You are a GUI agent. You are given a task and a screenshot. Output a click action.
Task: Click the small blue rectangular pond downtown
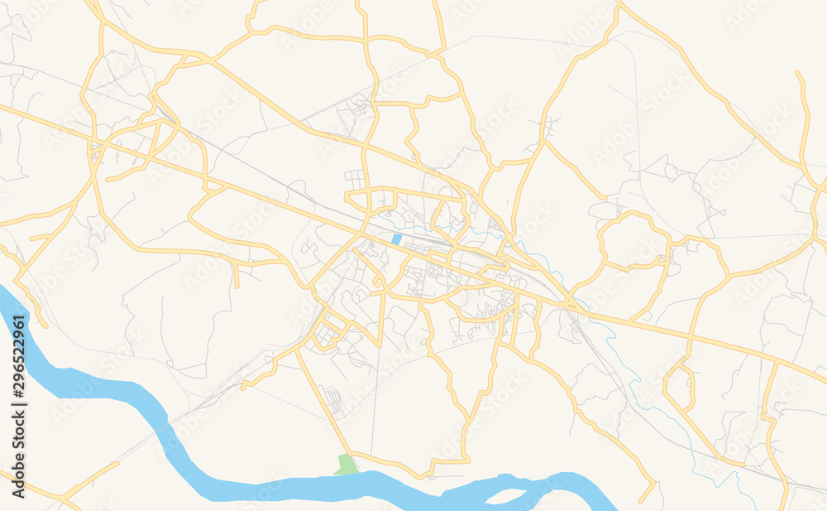pyautogui.click(x=396, y=239)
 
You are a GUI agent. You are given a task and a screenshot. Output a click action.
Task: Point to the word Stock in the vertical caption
pyautogui.click(x=19, y=435)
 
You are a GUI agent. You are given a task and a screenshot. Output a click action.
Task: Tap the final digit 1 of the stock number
pyautogui.click(x=19, y=315)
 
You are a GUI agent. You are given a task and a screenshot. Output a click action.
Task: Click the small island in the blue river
pyautogui.click(x=509, y=494)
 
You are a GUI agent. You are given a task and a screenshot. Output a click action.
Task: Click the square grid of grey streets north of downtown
pyautogui.click(x=355, y=177)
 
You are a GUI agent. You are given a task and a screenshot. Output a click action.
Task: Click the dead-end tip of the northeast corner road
pyautogui.click(x=799, y=73)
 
